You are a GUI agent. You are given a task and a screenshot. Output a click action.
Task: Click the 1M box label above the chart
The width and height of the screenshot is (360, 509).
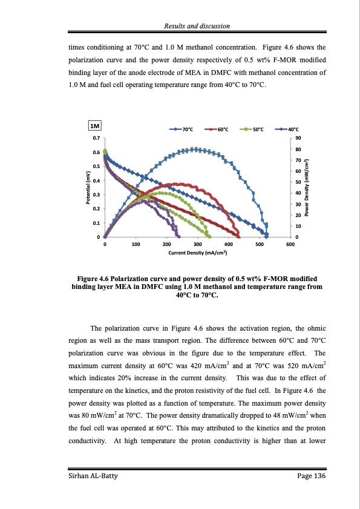pyautogui.click(x=95, y=126)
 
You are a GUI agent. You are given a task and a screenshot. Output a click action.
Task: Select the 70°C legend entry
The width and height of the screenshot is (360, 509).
pyautogui.click(x=182, y=129)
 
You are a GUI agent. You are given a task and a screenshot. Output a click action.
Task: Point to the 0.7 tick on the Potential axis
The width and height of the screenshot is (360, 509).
pyautogui.click(x=96, y=138)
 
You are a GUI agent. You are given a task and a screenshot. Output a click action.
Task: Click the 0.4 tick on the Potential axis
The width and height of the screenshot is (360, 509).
pyautogui.click(x=96, y=180)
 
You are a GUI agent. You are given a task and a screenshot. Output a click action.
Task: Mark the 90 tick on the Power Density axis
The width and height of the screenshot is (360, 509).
pyautogui.click(x=298, y=138)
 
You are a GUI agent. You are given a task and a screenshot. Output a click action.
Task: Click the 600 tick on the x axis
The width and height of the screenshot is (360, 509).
pyautogui.click(x=290, y=244)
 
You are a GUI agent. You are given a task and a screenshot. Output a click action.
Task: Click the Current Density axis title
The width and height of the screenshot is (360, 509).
pyautogui.click(x=197, y=252)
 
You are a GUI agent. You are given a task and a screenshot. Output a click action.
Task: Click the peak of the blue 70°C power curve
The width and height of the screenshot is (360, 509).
pyautogui.click(x=194, y=149)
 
